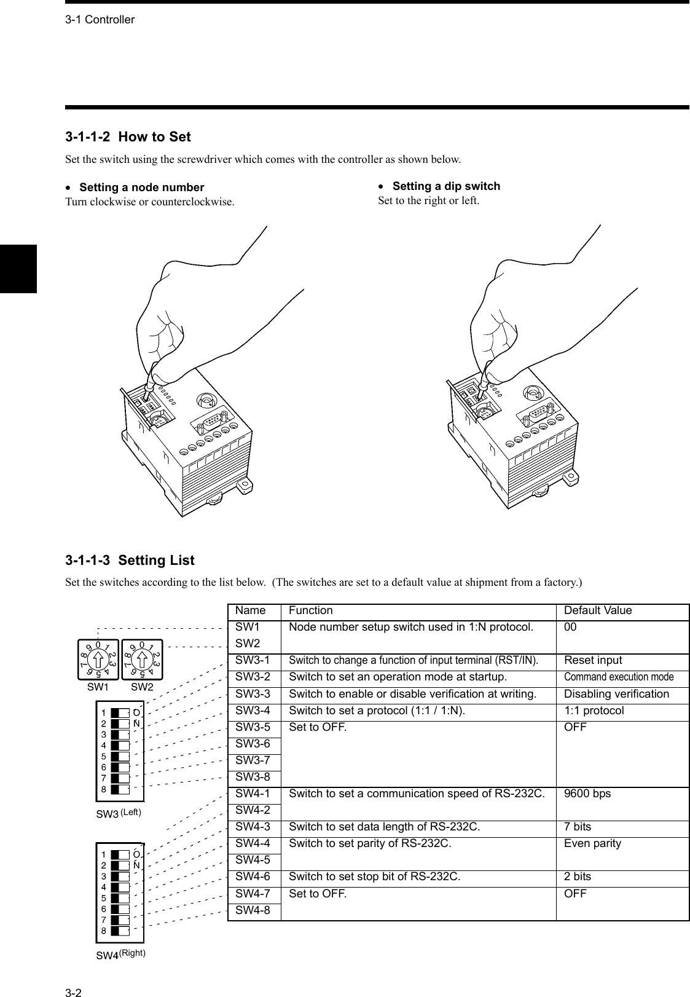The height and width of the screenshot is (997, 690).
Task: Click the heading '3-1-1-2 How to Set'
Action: click(x=128, y=137)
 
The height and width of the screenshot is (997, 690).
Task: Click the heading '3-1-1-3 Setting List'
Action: click(x=130, y=561)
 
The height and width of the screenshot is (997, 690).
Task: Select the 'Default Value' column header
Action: click(x=597, y=610)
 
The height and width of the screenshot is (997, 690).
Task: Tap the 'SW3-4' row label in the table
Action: click(x=253, y=711)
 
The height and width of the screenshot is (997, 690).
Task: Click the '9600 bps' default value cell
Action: click(x=587, y=794)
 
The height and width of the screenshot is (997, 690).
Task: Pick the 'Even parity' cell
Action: click(x=592, y=843)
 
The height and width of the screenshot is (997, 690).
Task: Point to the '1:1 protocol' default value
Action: click(x=594, y=711)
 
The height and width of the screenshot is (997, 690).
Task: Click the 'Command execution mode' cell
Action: click(x=618, y=677)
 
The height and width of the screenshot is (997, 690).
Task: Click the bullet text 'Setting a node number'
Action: click(x=141, y=187)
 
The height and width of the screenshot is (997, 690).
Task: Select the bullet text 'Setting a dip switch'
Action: click(x=445, y=186)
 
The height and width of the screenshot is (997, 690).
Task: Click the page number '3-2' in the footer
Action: click(x=74, y=976)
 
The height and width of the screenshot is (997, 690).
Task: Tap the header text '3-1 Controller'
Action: click(x=100, y=20)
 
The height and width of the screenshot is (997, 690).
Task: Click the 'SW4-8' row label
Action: click(x=253, y=910)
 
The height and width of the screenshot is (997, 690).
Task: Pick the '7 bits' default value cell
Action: click(x=582, y=827)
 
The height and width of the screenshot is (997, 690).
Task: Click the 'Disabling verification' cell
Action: click(x=616, y=694)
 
